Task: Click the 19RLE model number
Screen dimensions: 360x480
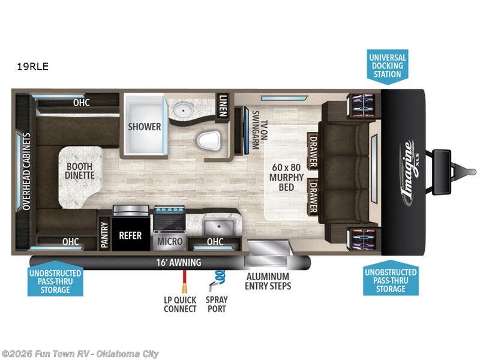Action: [x=33, y=67]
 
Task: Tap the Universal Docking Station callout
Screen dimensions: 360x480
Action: [x=387, y=66]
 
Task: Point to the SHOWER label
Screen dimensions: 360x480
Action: [x=144, y=127]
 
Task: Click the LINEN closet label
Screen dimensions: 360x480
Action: [x=223, y=106]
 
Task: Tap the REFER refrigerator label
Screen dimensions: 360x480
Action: [x=130, y=235]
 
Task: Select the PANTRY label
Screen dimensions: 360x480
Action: [x=104, y=236]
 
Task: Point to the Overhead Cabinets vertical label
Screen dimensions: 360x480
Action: [x=26, y=170]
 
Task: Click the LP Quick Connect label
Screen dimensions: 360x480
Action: [x=180, y=304]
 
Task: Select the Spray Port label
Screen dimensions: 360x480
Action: [x=217, y=304]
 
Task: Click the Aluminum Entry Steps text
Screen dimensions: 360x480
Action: [x=268, y=281]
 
